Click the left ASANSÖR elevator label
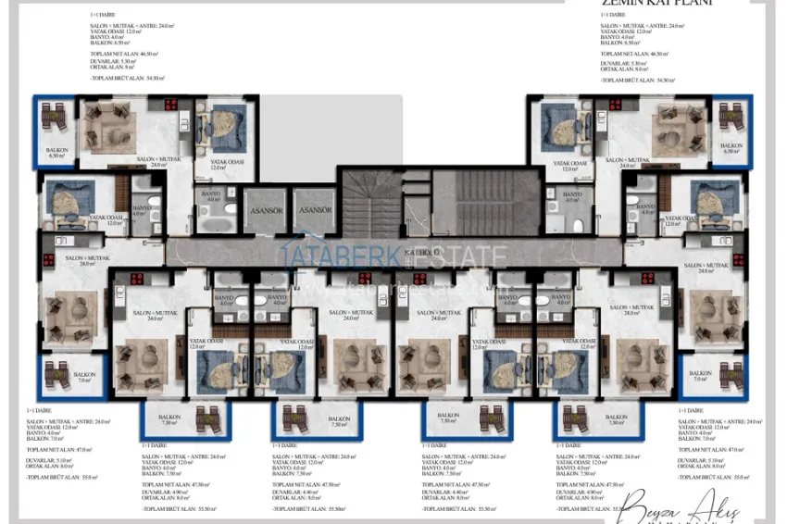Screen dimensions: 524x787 265,210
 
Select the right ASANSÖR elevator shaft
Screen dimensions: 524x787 316,210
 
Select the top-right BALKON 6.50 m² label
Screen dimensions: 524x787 731,148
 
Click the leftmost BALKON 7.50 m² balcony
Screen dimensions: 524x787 169,419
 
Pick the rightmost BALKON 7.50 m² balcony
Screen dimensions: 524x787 589,419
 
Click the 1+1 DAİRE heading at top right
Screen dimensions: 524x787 611,15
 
